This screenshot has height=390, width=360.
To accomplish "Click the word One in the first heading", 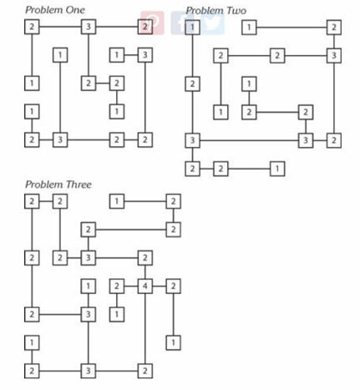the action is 75,10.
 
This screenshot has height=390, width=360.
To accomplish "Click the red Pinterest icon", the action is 152,23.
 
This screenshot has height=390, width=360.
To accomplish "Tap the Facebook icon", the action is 181,23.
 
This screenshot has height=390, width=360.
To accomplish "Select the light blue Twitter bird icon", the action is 213,23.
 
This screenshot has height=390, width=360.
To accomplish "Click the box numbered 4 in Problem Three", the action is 145,286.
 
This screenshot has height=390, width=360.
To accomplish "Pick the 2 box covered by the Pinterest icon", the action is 145,27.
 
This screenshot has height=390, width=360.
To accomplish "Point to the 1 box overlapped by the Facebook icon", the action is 192,28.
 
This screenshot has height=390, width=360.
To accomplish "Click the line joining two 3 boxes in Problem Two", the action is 249,140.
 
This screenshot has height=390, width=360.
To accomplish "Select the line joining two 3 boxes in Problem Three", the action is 89,342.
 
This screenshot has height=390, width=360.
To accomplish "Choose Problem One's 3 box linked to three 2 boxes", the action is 89,27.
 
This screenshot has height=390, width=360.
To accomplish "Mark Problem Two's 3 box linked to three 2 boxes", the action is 334,56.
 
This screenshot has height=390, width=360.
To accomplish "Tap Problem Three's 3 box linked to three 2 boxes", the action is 89,258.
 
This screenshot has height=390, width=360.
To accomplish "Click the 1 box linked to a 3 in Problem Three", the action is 89,286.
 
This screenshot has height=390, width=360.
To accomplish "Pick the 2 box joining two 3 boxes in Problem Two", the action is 334,140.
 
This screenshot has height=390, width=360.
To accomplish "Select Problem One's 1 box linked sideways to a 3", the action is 117,55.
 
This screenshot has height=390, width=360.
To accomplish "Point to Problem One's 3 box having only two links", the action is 145,55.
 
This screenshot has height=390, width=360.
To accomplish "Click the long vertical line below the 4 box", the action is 145,328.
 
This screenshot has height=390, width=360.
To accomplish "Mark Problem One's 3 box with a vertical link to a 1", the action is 60,139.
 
